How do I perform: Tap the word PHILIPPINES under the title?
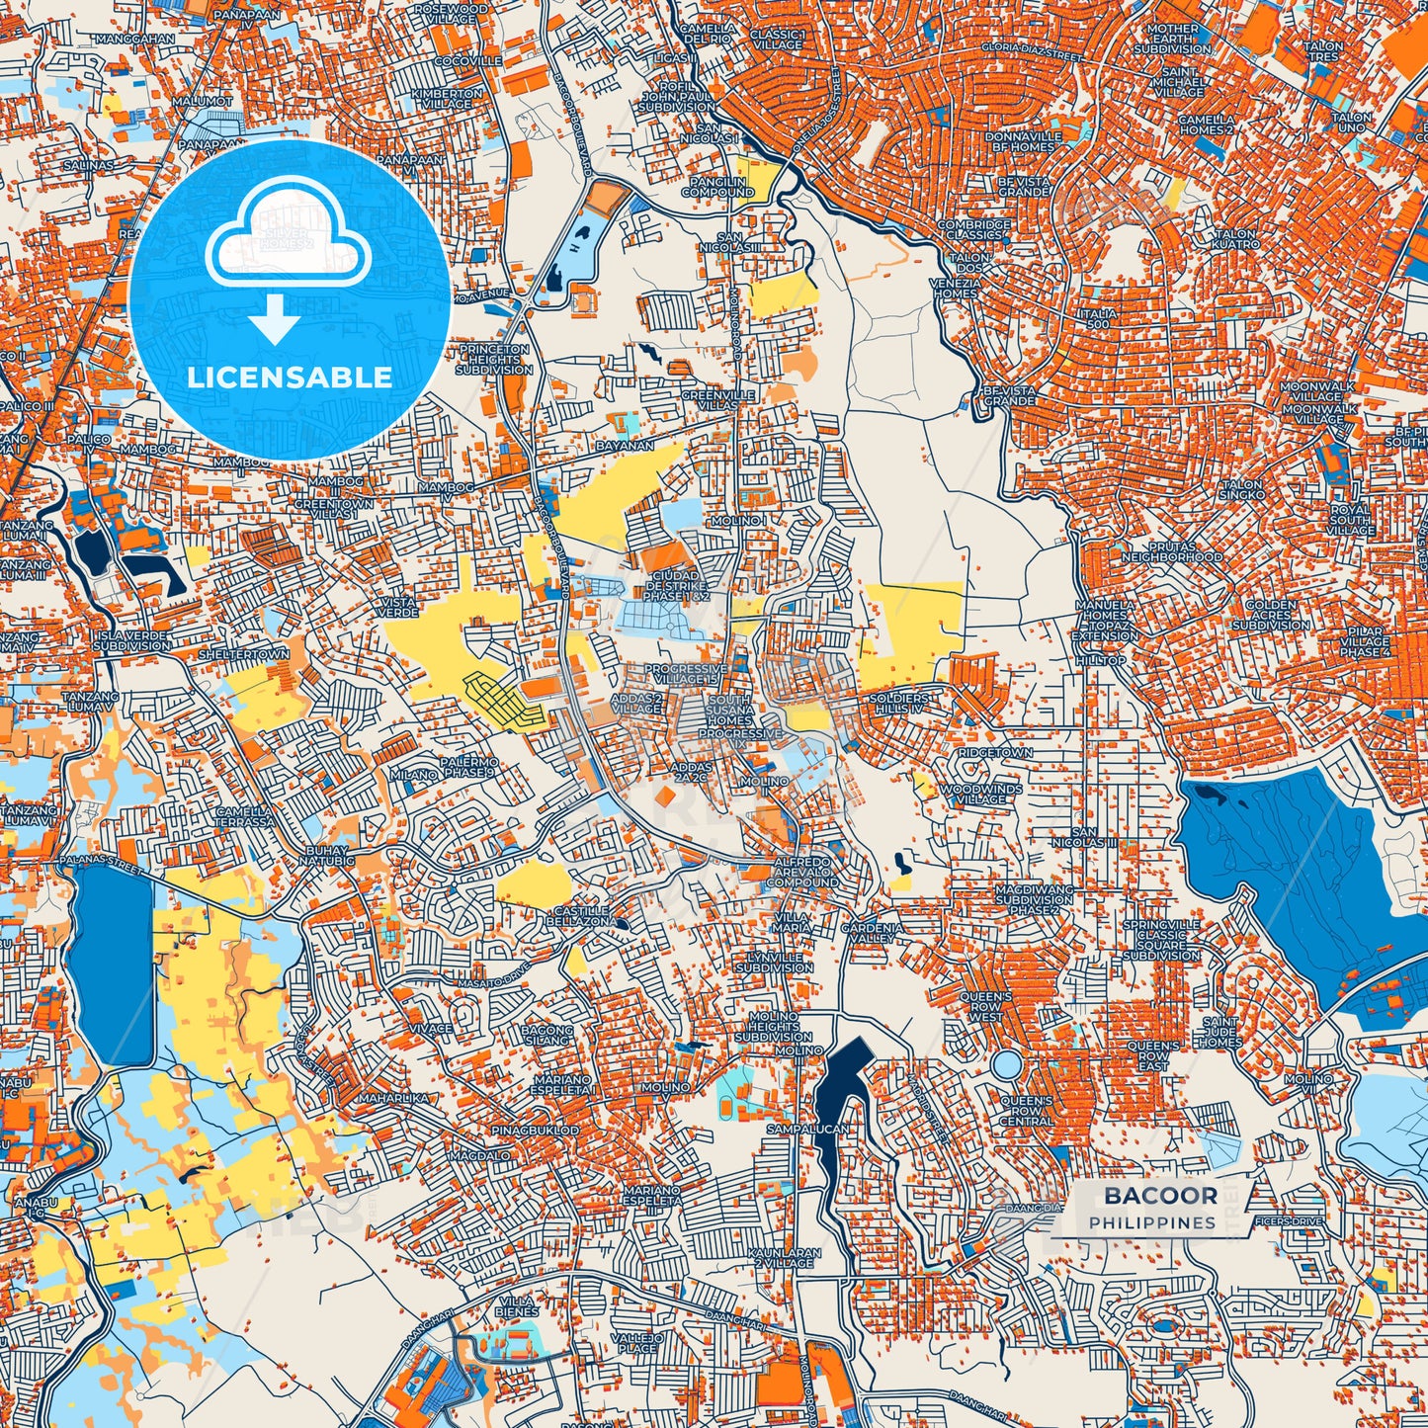coord(1152,1223)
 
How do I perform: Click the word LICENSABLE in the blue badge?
coord(290,378)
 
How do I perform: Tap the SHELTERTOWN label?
coord(244,655)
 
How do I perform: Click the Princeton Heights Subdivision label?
coord(493,360)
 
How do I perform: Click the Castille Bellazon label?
coord(580,916)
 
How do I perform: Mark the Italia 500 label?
coord(1099,318)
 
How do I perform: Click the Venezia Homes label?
coord(955,288)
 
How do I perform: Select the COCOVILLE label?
coord(468,61)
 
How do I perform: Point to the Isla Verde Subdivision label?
coord(133,640)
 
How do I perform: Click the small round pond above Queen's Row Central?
coord(1006,1064)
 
